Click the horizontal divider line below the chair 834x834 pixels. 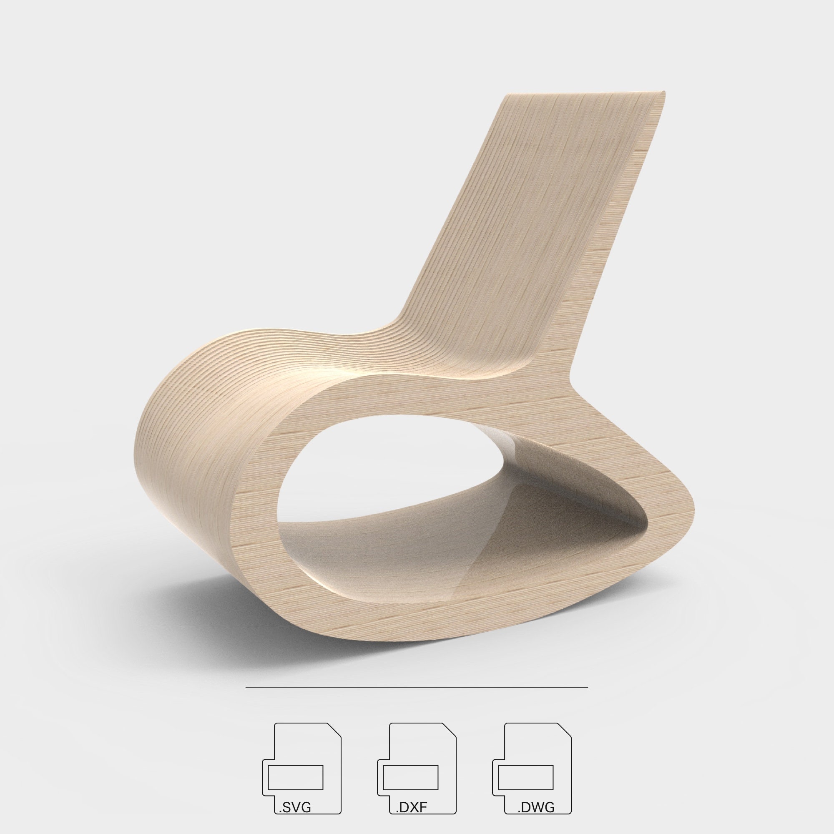click(417, 686)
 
